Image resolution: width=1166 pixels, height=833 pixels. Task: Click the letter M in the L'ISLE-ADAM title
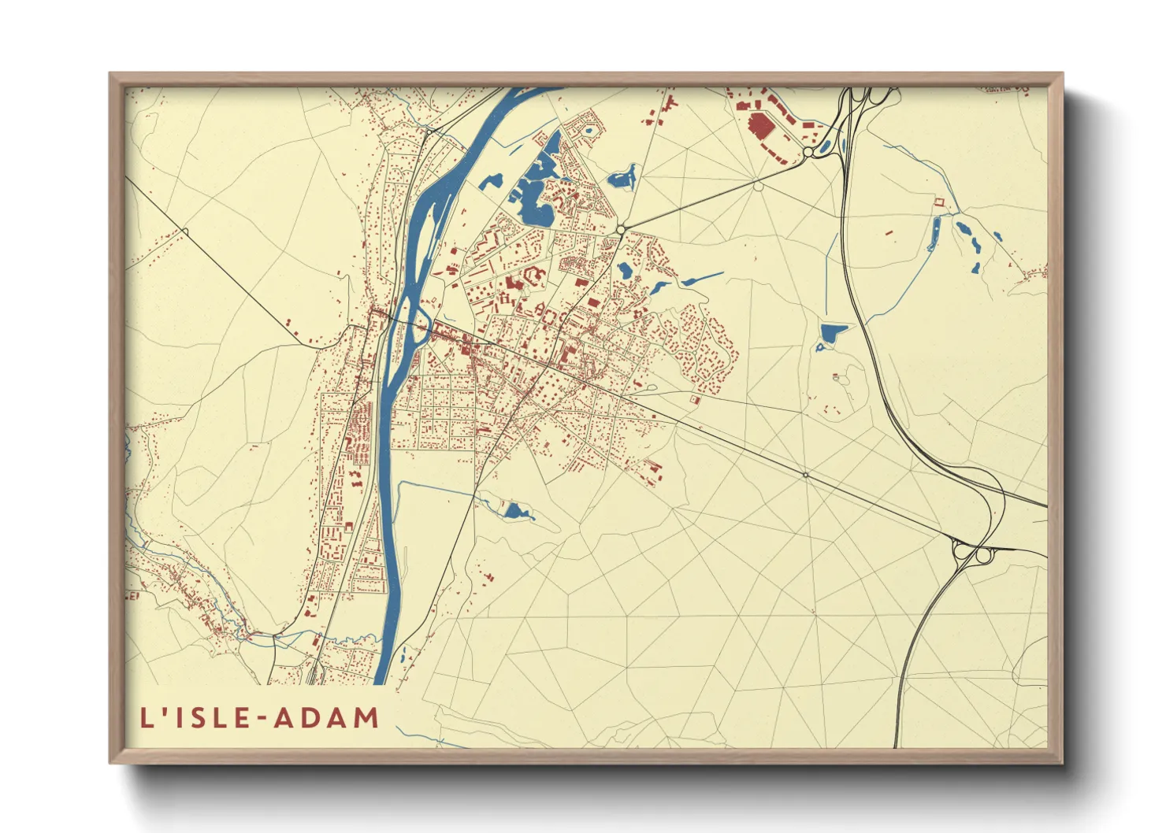365,718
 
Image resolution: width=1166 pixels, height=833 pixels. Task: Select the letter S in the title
191,718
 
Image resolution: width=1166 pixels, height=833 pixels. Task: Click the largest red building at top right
760,125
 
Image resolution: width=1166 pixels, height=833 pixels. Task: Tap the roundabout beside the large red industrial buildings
808,152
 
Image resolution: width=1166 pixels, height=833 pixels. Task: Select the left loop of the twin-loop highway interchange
961,552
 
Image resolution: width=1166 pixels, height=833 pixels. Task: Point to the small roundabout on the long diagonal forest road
805,475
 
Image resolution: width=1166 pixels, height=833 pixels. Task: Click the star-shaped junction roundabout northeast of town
621,229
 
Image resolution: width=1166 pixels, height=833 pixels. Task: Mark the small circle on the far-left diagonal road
185,231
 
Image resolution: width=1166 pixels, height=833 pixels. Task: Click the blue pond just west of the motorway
830,334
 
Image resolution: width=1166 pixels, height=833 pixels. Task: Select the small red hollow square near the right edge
938,202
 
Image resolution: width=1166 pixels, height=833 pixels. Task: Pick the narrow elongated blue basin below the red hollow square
934,234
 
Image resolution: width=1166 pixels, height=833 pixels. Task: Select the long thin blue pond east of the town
701,278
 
